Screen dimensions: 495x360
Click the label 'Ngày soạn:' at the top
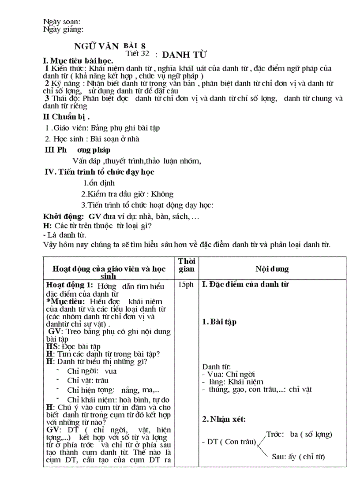61,22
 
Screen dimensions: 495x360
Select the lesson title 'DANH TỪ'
184,55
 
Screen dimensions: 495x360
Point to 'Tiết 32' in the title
137,53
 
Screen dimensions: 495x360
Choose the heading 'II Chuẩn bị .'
66,117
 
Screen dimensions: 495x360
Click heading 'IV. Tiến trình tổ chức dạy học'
100,172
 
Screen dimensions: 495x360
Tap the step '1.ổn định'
99,183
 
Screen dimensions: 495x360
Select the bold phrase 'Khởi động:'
64,216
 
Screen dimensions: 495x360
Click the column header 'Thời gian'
186,265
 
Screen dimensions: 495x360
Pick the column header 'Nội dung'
272,268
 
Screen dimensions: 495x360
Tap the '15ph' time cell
186,285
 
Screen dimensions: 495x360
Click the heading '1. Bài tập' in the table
219,322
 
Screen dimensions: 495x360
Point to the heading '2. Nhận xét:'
224,419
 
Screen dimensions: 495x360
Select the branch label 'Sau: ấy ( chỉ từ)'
299,456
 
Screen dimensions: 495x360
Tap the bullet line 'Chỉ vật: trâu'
88,380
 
